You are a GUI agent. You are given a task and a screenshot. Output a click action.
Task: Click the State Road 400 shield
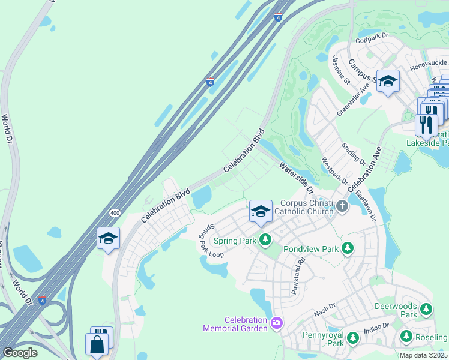113,213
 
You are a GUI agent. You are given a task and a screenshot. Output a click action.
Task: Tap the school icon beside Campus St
388,82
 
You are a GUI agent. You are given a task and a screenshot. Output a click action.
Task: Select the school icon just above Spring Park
261,211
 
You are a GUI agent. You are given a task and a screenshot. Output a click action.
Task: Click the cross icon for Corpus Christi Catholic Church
342,206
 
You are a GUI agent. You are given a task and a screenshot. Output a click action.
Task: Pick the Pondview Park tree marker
347,247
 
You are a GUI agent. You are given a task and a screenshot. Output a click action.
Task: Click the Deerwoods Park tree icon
426,309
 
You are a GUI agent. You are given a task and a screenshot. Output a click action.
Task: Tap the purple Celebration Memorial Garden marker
276,323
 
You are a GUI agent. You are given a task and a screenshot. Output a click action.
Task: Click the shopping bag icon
96,346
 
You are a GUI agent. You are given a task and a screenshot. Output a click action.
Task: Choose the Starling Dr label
353,154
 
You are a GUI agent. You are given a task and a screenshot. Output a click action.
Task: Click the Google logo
20,353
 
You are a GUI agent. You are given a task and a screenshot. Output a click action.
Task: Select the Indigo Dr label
376,327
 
